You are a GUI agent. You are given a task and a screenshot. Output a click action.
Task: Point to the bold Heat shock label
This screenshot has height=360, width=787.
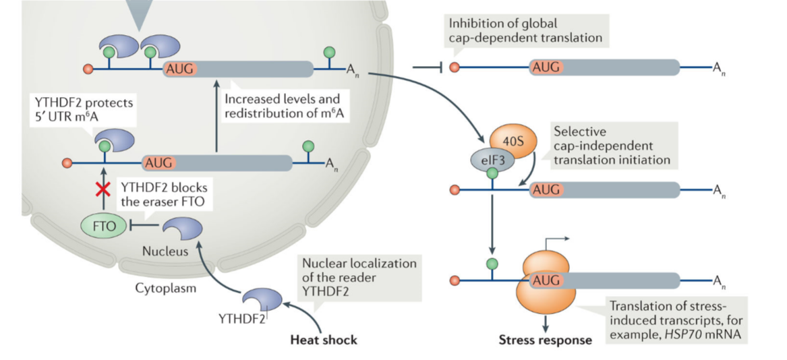[324, 340]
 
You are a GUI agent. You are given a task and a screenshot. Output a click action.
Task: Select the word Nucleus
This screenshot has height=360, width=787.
[165, 251]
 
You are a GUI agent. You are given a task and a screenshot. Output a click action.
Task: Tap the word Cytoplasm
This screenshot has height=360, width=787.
[166, 289]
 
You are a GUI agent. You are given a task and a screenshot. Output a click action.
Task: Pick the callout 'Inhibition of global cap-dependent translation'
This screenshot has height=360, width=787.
[526, 31]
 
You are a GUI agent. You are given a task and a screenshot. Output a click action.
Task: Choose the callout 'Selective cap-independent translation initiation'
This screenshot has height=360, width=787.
[611, 146]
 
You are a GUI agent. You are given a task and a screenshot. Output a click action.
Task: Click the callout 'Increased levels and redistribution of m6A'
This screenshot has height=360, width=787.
[283, 106]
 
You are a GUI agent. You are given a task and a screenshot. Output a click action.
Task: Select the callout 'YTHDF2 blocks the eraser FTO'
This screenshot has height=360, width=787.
[163, 194]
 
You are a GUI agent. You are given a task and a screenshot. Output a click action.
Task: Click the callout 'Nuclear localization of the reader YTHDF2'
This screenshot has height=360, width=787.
[359, 276]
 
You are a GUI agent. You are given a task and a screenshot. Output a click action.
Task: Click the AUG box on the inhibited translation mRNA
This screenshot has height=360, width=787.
[546, 67]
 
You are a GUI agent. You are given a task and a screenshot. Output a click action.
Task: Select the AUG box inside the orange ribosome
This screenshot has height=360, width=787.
[546, 280]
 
